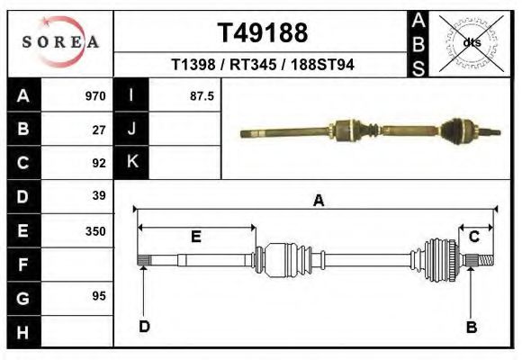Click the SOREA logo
point(60,42)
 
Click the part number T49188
point(262,33)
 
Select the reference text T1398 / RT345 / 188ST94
point(262,66)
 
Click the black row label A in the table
point(22,95)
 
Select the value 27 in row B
point(99,130)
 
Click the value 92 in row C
point(99,163)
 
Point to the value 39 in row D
point(99,196)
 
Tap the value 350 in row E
point(95,230)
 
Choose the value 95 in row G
point(99,296)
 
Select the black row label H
point(22,331)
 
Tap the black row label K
point(131,163)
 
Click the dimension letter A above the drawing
point(319,201)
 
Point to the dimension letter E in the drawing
point(195,237)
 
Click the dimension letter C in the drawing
point(473,237)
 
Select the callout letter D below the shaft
point(144,326)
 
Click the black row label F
point(22,265)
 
